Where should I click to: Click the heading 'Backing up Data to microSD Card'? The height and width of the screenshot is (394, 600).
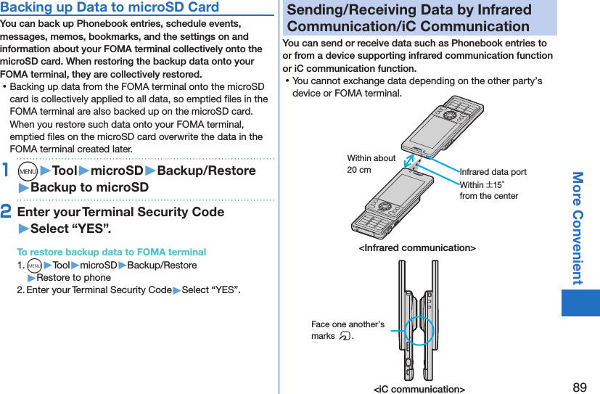[110, 7]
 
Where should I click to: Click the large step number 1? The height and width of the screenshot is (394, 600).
[6, 171]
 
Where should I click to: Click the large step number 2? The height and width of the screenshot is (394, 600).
[7, 212]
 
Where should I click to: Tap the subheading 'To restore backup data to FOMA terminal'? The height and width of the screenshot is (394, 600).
[111, 252]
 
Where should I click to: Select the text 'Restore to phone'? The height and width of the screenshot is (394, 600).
[73, 277]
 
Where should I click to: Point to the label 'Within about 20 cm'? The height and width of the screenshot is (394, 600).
[371, 164]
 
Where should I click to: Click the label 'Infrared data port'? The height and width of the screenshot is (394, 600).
[493, 172]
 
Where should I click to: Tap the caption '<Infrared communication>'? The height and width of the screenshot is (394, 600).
[417, 248]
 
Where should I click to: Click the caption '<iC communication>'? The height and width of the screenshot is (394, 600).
[419, 389]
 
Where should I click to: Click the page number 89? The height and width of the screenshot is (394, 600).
[579, 387]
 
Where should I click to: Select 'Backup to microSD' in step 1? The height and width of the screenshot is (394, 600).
[89, 187]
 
